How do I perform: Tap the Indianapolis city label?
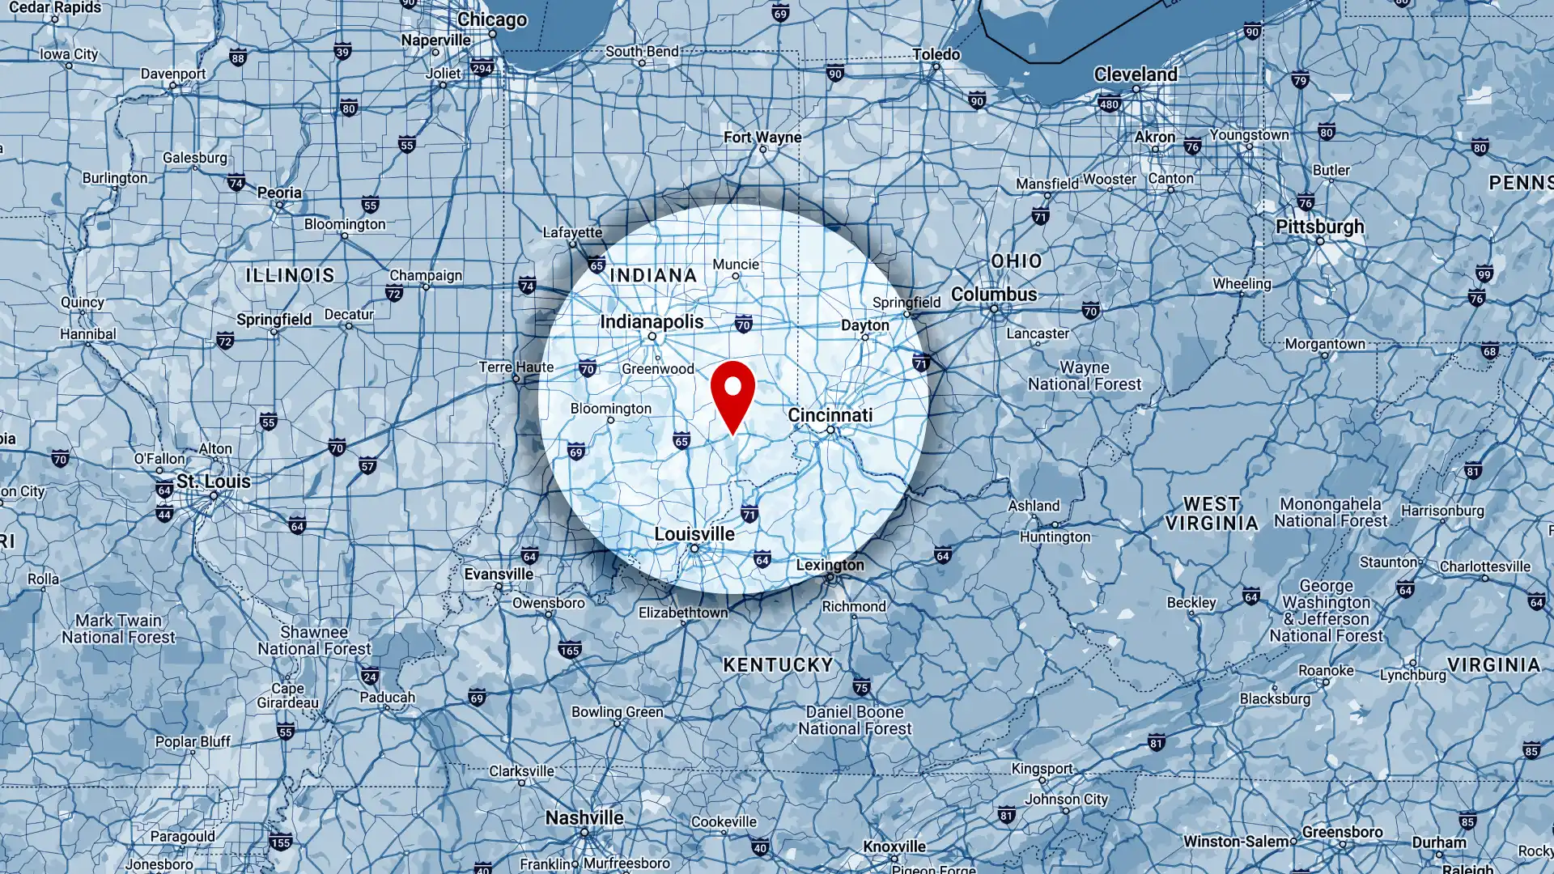pyautogui.click(x=652, y=322)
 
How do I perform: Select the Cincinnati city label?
pyautogui.click(x=830, y=415)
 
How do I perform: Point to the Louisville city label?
pyautogui.click(x=694, y=534)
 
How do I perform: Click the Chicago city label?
pyautogui.click(x=492, y=19)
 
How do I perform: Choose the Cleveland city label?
pyautogui.click(x=1136, y=74)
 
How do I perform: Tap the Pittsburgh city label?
pyautogui.click(x=1319, y=227)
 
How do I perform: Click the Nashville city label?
pyautogui.click(x=584, y=818)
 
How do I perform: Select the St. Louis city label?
pyautogui.click(x=214, y=482)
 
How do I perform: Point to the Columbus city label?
pyautogui.click(x=994, y=295)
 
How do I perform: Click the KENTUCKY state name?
pyautogui.click(x=778, y=665)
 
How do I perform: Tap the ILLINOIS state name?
pyautogui.click(x=290, y=275)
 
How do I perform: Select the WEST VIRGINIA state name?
pyautogui.click(x=1212, y=514)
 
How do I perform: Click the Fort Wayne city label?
pyautogui.click(x=762, y=138)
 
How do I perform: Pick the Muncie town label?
pyautogui.click(x=736, y=265)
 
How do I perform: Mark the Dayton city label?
pyautogui.click(x=864, y=325)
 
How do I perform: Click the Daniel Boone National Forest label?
pyautogui.click(x=855, y=720)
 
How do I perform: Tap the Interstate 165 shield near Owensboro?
pyautogui.click(x=570, y=651)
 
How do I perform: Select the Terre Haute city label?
pyautogui.click(x=516, y=367)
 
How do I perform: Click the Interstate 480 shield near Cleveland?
pyautogui.click(x=1109, y=104)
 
